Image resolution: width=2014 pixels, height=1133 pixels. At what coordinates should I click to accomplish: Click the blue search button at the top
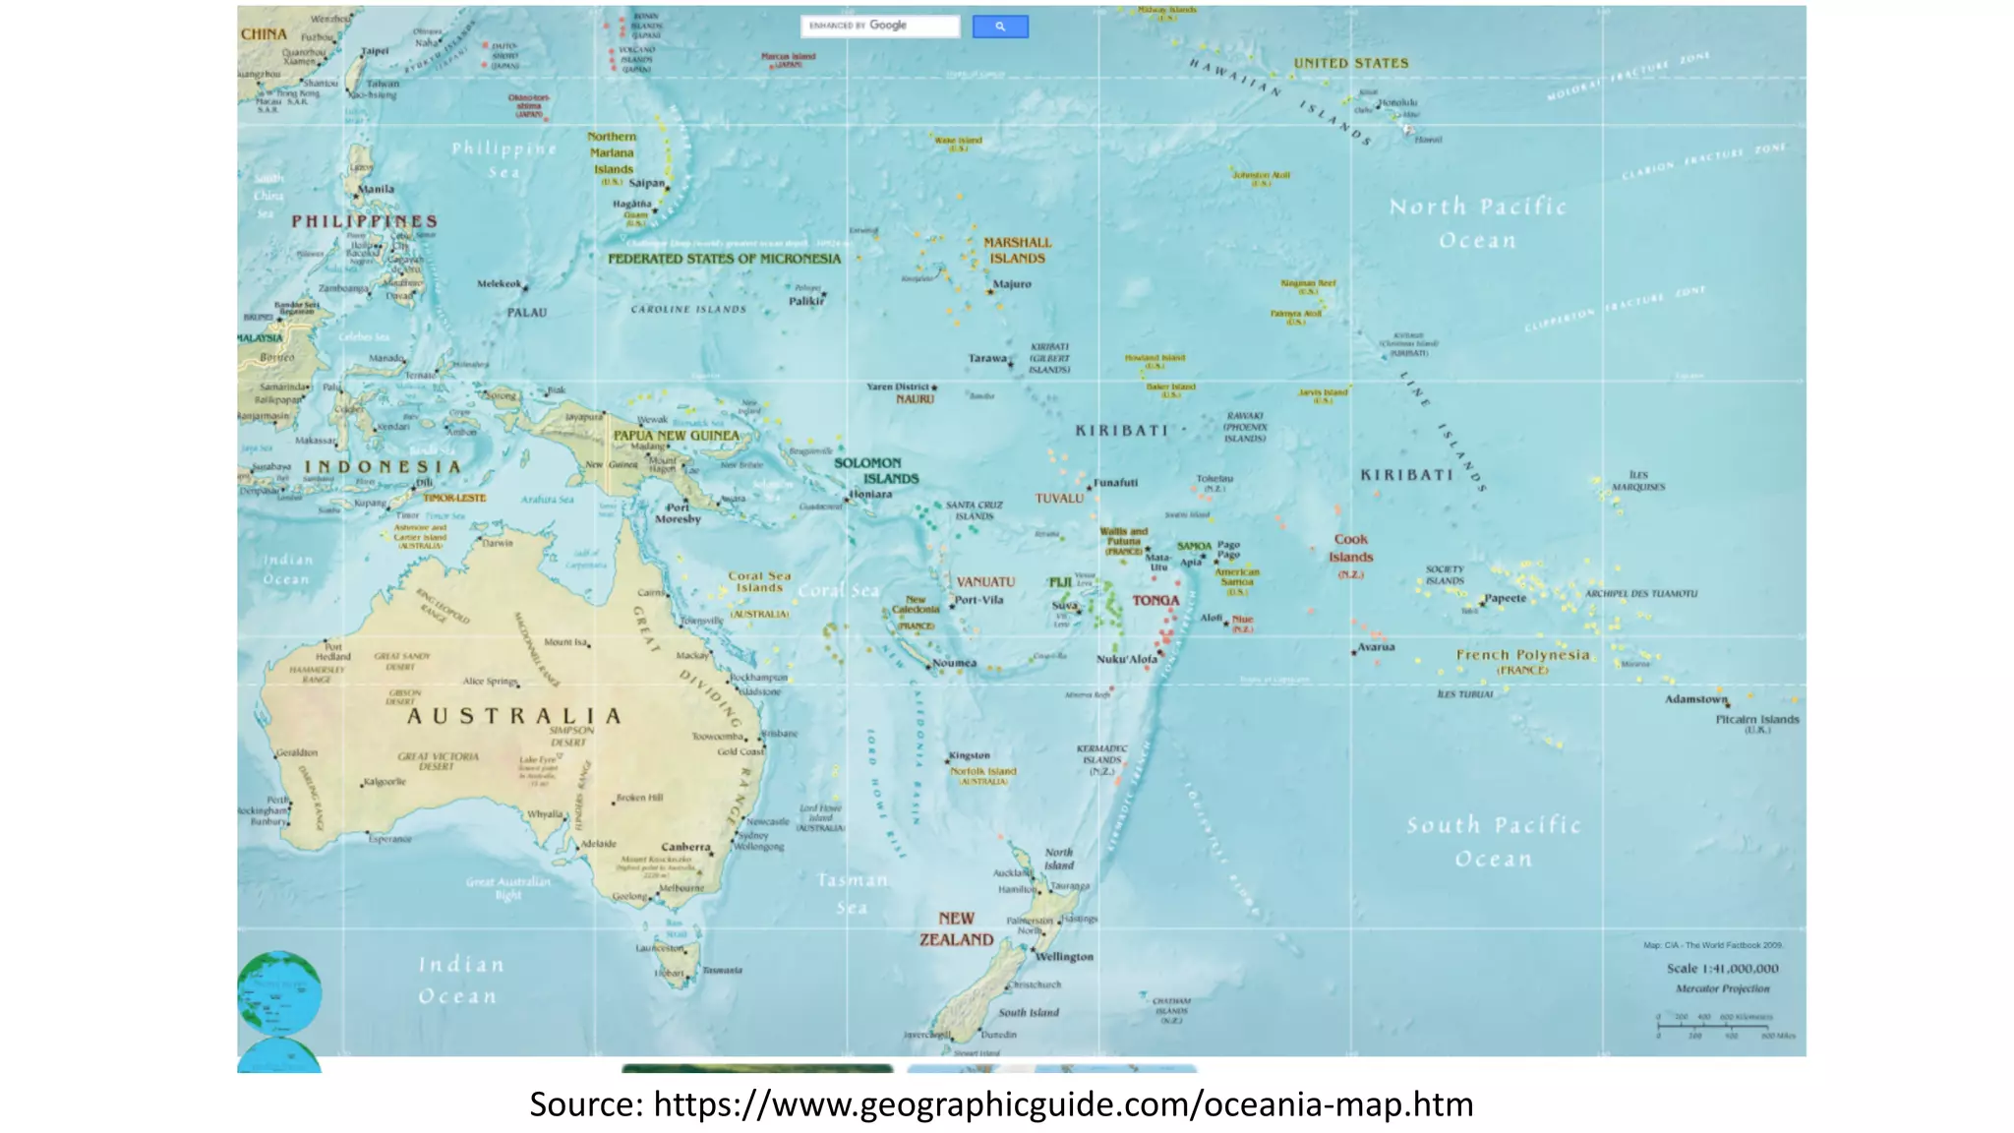click(1000, 27)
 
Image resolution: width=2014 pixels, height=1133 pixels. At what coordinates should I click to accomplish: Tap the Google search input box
click(880, 27)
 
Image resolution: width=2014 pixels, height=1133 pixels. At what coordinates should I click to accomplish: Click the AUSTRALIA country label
click(514, 716)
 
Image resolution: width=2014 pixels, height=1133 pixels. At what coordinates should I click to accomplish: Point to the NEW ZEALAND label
click(956, 929)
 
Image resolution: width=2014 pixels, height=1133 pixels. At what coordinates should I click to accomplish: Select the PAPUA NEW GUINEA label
click(676, 436)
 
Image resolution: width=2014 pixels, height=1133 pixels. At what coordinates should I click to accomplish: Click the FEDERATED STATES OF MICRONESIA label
click(724, 259)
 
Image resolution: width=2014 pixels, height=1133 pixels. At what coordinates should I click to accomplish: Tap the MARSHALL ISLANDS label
click(1017, 251)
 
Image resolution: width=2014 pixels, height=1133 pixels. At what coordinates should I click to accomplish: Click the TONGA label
click(1155, 600)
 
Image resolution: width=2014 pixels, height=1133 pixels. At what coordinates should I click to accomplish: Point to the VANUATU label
click(985, 582)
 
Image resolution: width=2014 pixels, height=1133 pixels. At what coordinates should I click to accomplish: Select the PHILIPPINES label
click(364, 221)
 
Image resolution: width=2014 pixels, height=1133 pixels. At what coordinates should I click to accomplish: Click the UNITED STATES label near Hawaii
click(1350, 63)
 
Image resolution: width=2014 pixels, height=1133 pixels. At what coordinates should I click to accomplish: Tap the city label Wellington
click(1064, 957)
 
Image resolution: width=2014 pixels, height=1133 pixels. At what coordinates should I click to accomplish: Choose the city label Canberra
click(685, 847)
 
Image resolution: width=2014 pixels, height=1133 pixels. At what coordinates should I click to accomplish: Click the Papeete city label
click(1506, 598)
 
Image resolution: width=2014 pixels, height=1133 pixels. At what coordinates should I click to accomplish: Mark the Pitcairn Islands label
click(1757, 720)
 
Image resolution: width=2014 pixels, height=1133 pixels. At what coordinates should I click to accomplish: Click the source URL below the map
click(1001, 1104)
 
